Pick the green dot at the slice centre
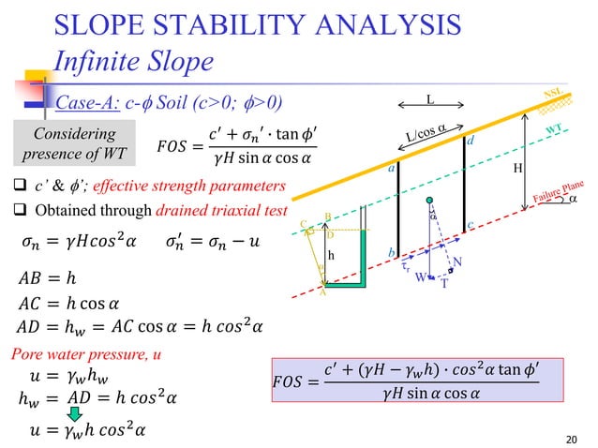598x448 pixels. [429, 202]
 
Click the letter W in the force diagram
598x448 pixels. [423, 276]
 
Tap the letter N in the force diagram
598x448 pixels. [457, 263]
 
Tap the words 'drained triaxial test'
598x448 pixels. [229, 211]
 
